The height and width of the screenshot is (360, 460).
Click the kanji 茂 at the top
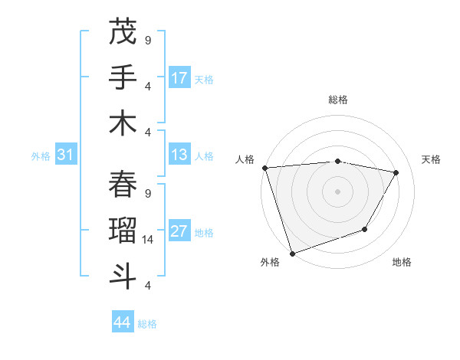(x=123, y=32)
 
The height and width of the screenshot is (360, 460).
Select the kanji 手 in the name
(x=123, y=77)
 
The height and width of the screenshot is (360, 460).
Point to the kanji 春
(x=123, y=184)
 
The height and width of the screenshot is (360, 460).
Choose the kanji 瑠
(x=123, y=230)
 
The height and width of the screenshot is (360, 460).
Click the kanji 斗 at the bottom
(x=123, y=276)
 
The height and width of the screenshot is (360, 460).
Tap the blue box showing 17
(x=179, y=77)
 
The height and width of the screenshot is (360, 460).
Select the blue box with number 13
(x=179, y=155)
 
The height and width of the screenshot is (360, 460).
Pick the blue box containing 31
(x=66, y=155)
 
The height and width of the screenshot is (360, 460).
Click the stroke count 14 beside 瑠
(x=149, y=240)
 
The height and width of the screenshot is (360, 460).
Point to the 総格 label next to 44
(x=147, y=324)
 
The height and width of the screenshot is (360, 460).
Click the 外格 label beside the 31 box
(x=41, y=156)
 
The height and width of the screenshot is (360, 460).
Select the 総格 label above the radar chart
(x=338, y=100)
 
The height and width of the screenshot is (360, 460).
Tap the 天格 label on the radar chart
(x=432, y=159)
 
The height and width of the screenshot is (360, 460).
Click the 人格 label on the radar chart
(x=245, y=159)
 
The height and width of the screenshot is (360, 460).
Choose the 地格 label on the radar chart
(x=402, y=262)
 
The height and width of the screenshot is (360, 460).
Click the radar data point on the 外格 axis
(x=292, y=253)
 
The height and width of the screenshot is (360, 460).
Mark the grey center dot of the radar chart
(x=338, y=191)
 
